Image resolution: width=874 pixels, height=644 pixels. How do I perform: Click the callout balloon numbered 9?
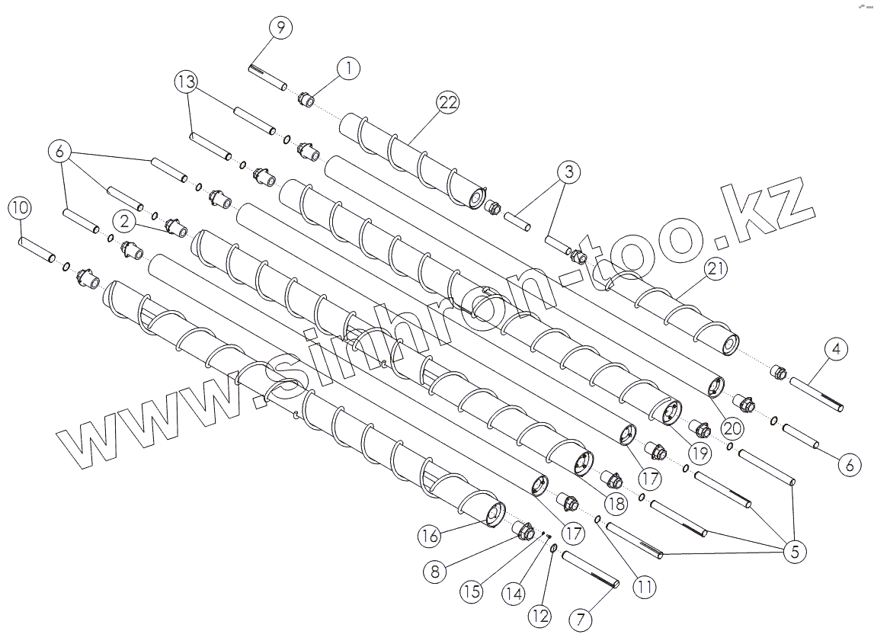[x=280, y=28]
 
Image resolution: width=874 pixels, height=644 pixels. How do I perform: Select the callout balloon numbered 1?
[x=348, y=68]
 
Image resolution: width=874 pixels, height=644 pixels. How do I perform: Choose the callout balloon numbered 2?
[x=124, y=222]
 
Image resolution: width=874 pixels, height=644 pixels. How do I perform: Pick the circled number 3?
[x=566, y=171]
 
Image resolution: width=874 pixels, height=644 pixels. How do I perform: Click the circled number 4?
[x=836, y=350]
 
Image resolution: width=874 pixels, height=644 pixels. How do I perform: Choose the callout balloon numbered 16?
[x=429, y=537]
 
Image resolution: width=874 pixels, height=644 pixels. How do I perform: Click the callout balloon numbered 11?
[x=645, y=588]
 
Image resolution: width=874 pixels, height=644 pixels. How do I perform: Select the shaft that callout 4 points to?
[x=816, y=396]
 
